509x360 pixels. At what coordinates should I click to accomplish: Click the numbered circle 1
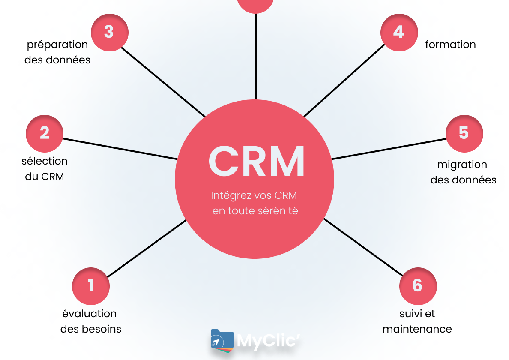[91, 286]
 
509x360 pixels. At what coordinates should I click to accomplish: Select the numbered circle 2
[45, 133]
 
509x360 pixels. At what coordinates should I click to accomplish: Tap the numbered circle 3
[109, 33]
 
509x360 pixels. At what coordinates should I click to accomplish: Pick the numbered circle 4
[399, 33]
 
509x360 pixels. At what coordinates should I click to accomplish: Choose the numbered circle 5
[464, 133]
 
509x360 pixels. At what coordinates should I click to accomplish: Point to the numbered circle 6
[418, 286]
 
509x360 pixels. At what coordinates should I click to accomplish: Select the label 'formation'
[450, 45]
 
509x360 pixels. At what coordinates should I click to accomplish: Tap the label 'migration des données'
[463, 172]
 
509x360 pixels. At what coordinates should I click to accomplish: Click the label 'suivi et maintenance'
[417, 321]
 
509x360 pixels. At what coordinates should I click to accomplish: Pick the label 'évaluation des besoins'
[90, 321]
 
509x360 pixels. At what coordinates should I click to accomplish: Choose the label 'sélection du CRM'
[45, 169]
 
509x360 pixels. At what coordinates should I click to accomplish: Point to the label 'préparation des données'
[57, 52]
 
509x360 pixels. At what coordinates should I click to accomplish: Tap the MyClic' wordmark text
[267, 342]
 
